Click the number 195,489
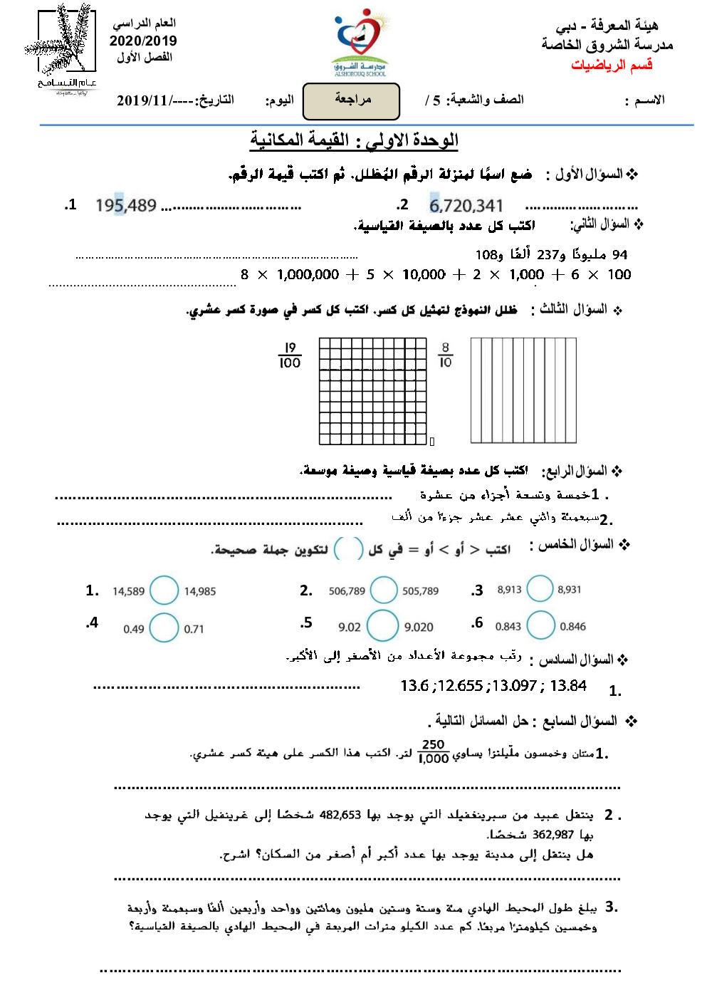(x=126, y=206)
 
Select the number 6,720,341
(x=466, y=206)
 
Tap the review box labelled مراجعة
(x=352, y=101)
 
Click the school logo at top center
(x=361, y=42)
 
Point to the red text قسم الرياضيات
(x=612, y=65)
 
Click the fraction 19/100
(x=290, y=355)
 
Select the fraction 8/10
(x=446, y=355)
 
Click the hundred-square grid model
(x=372, y=391)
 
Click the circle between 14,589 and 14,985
(x=164, y=590)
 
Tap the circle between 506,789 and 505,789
(x=384, y=590)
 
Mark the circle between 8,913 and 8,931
(x=540, y=589)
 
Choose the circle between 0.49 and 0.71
(x=164, y=627)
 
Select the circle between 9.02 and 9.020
(x=383, y=625)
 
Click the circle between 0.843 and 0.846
(x=541, y=625)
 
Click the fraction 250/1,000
(x=434, y=751)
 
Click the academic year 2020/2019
(x=143, y=41)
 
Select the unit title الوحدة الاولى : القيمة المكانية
(x=354, y=140)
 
